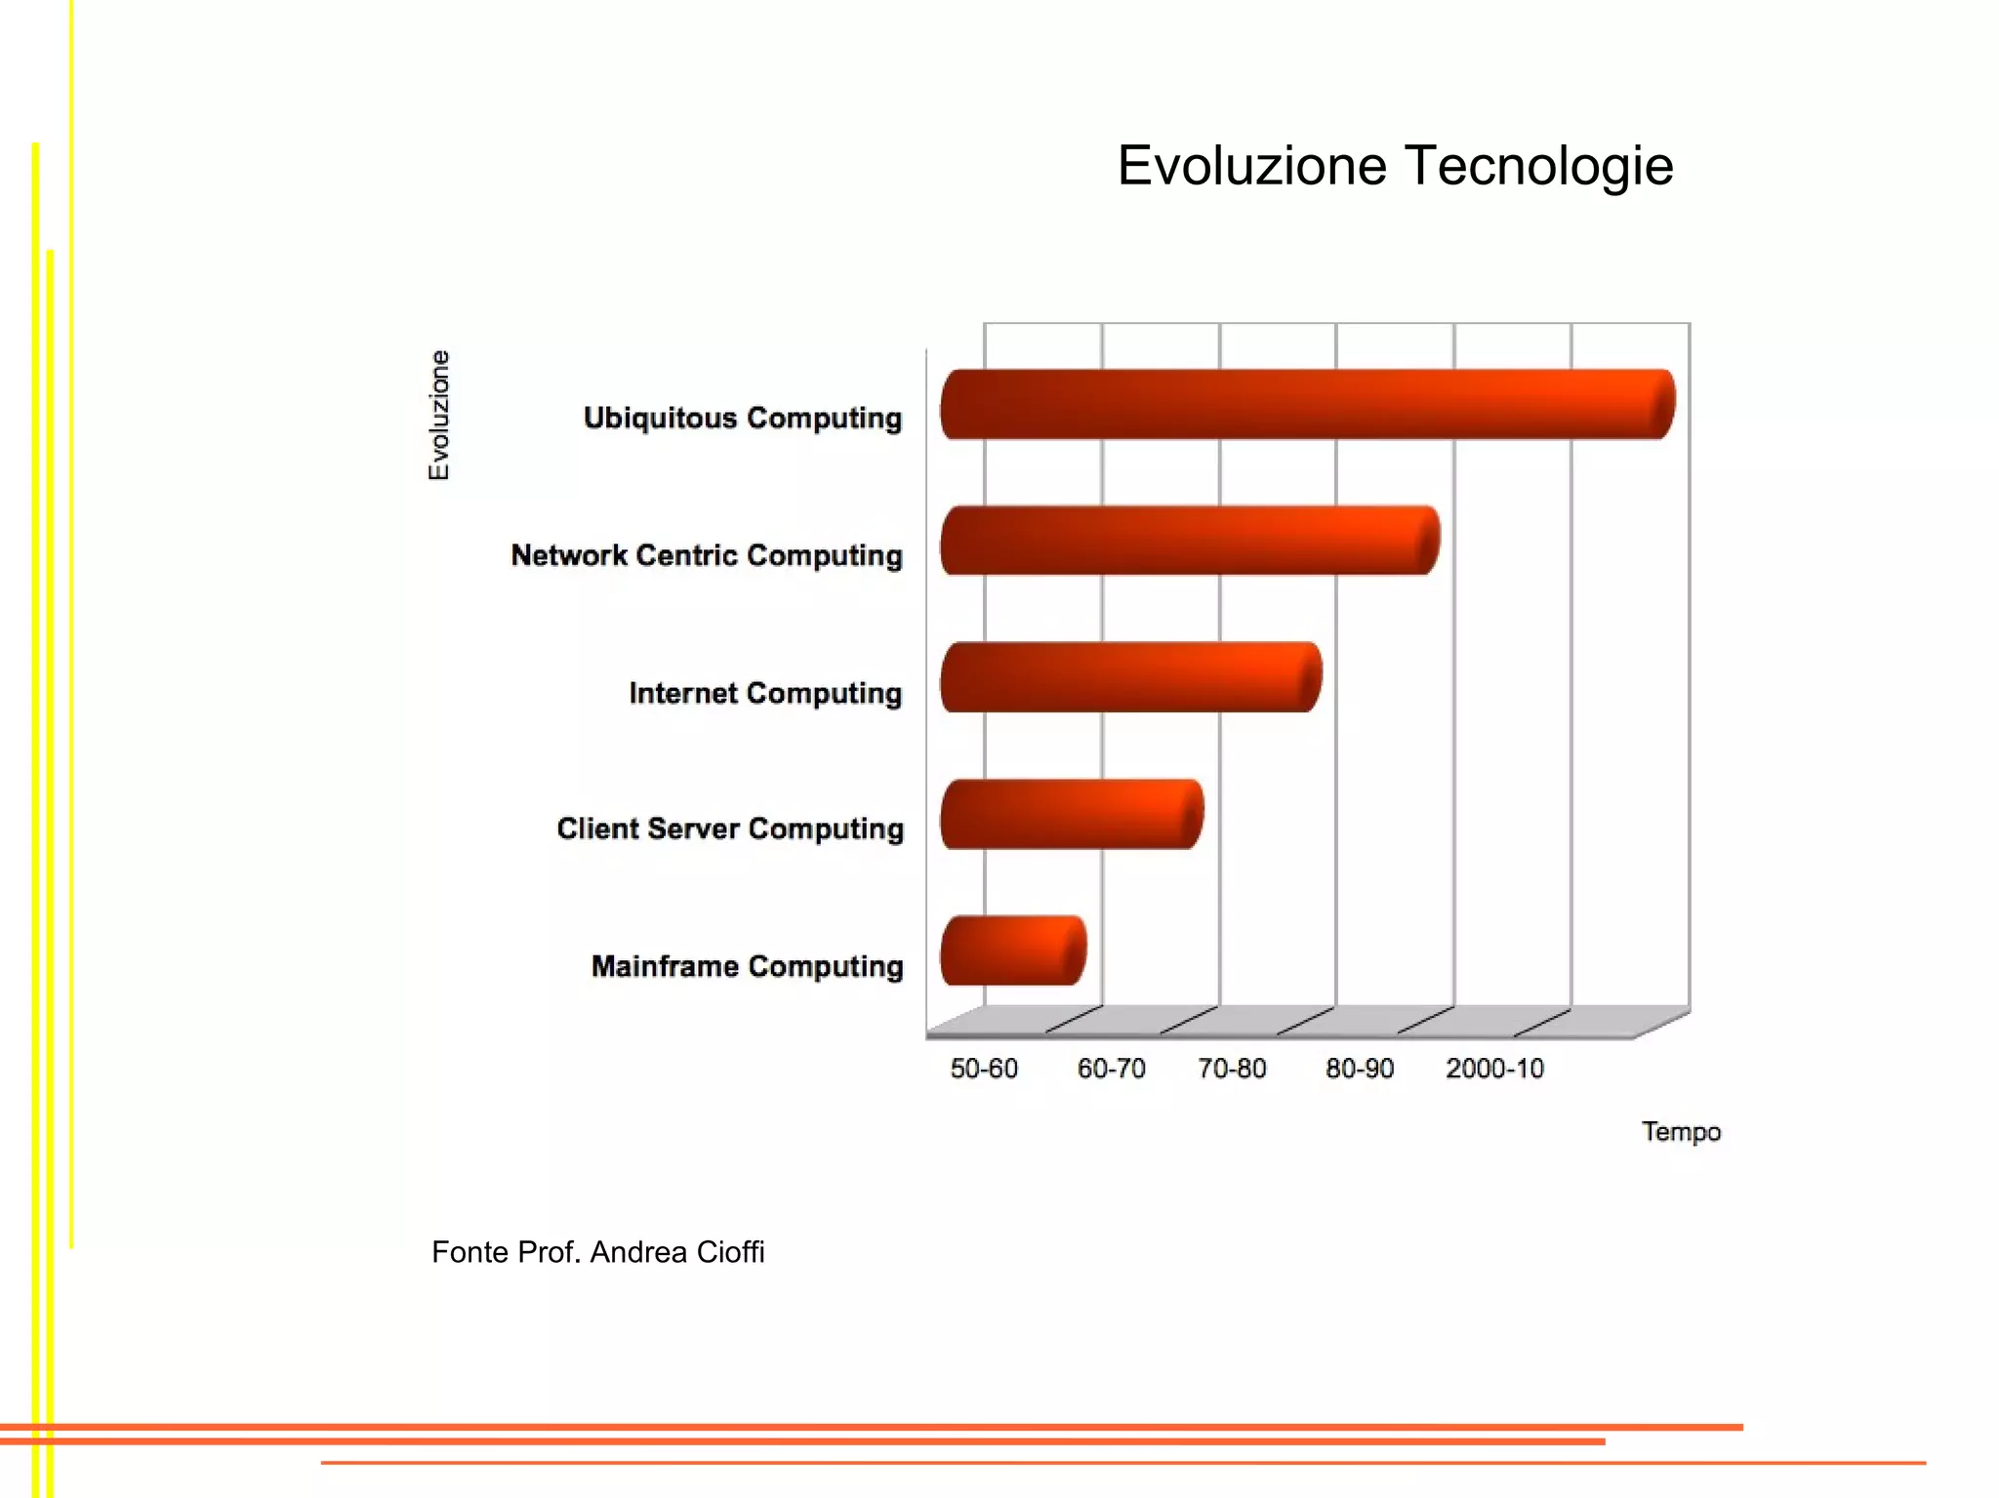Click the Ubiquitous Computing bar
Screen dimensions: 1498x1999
(1306, 404)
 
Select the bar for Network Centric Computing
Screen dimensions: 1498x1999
(1189, 541)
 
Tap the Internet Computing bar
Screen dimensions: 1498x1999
(1130, 677)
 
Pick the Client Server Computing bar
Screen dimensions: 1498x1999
(1071, 814)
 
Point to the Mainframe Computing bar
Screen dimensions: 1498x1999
(1012, 951)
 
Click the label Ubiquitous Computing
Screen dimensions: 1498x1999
(743, 418)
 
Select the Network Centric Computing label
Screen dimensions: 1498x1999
(707, 555)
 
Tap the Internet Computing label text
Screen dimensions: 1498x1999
(765, 693)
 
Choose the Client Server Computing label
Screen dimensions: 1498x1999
(730, 829)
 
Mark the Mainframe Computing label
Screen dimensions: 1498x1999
(747, 966)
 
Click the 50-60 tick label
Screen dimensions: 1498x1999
(984, 1069)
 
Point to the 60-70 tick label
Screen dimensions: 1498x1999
(1111, 1069)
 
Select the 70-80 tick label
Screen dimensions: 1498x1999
(1232, 1069)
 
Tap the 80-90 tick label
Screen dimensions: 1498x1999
(1360, 1069)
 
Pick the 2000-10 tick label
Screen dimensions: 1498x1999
(1494, 1069)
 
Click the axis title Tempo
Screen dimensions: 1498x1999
(1681, 1132)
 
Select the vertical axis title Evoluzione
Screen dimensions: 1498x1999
(439, 415)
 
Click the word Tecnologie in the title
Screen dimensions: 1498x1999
(1539, 165)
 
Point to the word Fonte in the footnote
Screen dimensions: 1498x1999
(470, 1252)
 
